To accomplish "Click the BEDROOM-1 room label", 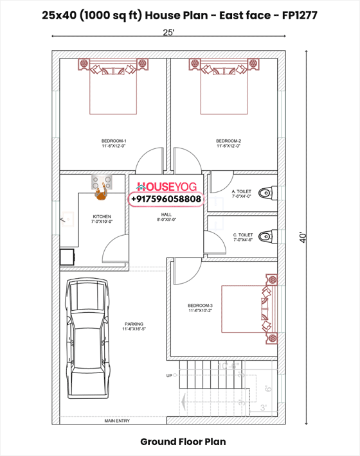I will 114,141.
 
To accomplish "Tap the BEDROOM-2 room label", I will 228,141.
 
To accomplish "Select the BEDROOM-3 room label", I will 200,305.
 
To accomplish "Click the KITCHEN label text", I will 102,216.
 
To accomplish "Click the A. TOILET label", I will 242,191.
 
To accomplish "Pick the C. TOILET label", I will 243,235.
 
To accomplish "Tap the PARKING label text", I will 134,324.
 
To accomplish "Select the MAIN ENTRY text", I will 117,421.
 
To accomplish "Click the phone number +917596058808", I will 166,200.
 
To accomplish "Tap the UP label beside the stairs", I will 169,375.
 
